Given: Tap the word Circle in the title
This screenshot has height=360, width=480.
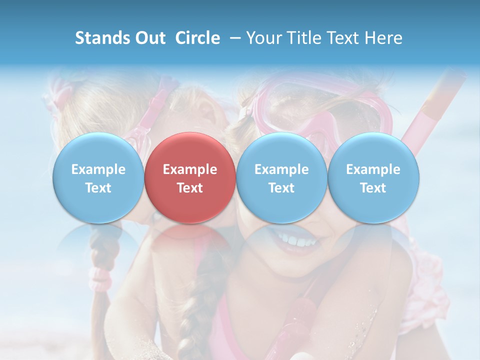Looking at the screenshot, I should [x=197, y=38].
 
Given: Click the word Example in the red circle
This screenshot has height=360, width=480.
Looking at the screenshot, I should [x=190, y=169].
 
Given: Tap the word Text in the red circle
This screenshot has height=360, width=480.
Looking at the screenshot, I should [x=190, y=188].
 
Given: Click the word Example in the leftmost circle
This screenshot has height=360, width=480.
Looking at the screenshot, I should [x=98, y=169].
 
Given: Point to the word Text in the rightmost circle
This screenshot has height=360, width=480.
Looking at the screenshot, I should [x=373, y=188].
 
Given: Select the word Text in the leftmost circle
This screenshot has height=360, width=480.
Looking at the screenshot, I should [x=98, y=188].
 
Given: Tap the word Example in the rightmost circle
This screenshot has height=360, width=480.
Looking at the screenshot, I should [x=373, y=169].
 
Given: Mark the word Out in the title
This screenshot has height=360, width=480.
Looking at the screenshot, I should [x=149, y=38].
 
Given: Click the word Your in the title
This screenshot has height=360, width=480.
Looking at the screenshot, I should [x=263, y=38].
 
